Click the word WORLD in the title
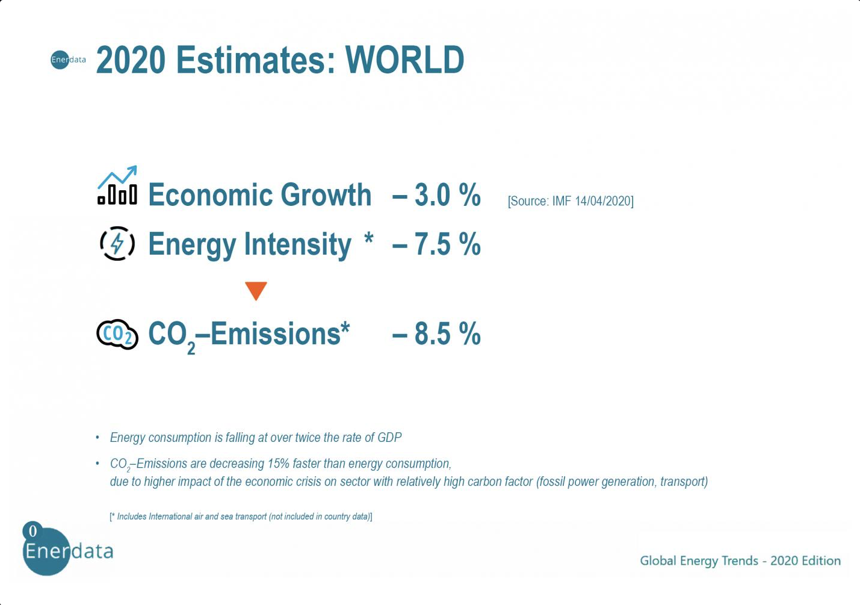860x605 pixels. click(404, 60)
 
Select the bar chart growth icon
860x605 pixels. click(117, 186)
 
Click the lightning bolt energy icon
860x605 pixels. click(117, 244)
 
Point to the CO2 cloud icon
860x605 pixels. click(117, 334)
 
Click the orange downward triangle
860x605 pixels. click(256, 290)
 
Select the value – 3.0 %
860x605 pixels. click(436, 195)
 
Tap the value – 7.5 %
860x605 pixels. click(436, 244)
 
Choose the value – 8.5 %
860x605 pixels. click(436, 334)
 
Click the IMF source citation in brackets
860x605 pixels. click(571, 201)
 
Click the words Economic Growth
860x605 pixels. click(259, 195)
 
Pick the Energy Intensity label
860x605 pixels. click(249, 244)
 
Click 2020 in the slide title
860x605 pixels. click(131, 60)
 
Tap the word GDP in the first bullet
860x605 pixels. click(389, 438)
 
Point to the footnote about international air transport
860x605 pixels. click(241, 517)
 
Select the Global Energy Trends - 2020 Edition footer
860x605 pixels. click(740, 561)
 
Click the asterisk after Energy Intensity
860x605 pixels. click(369, 239)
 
